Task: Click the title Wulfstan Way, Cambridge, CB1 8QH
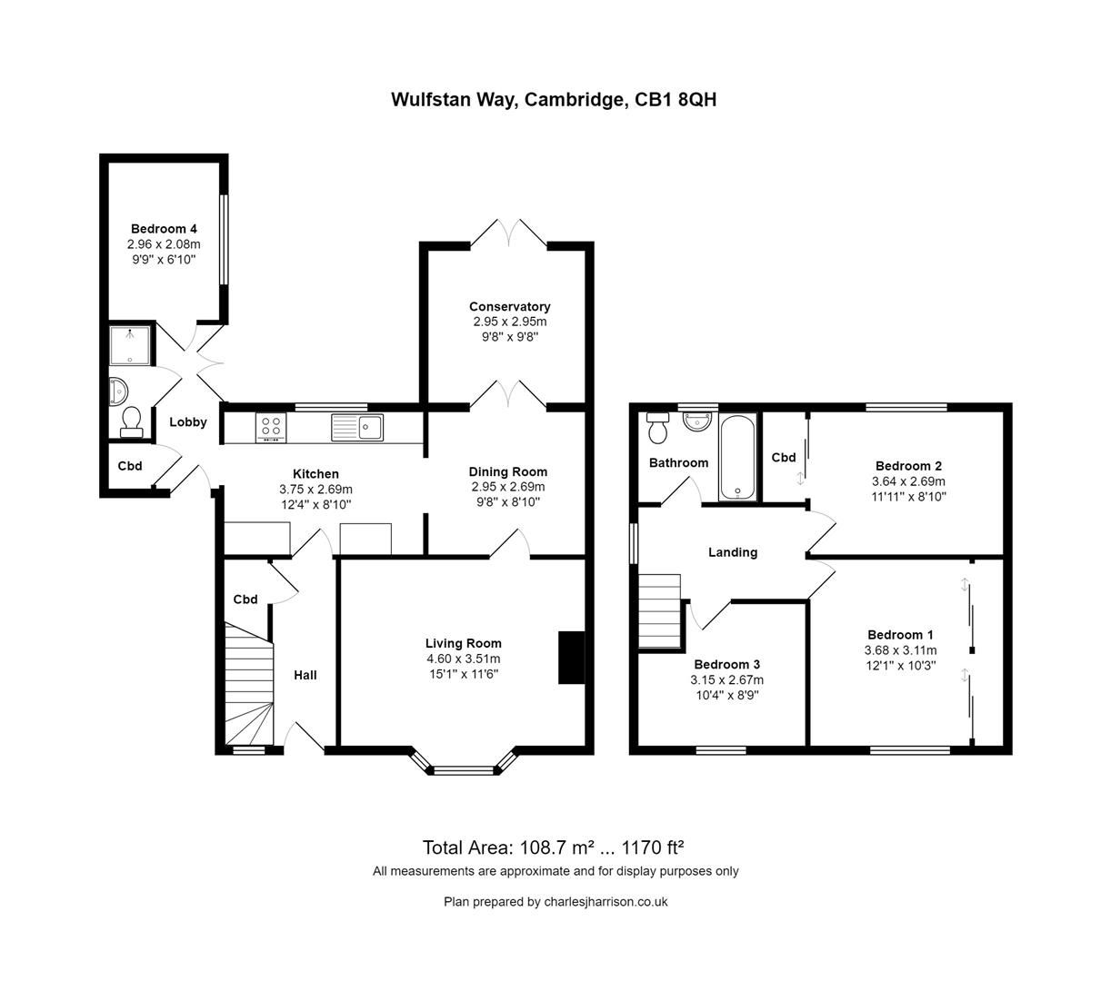(x=554, y=100)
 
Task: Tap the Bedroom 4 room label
(x=164, y=229)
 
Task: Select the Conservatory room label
(x=509, y=307)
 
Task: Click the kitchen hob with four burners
(x=271, y=427)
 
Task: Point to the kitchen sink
(x=358, y=426)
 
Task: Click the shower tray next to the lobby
(x=129, y=345)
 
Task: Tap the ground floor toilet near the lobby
(x=130, y=421)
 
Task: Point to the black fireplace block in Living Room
(x=571, y=656)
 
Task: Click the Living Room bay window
(x=464, y=771)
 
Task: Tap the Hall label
(x=305, y=675)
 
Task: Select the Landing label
(x=733, y=552)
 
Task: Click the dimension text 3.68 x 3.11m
(x=900, y=650)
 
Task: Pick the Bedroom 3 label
(x=726, y=664)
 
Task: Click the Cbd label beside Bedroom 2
(x=783, y=458)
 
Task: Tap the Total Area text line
(x=553, y=847)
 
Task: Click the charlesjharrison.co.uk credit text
(x=555, y=902)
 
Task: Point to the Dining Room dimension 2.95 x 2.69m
(x=507, y=487)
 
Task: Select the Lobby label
(x=188, y=421)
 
